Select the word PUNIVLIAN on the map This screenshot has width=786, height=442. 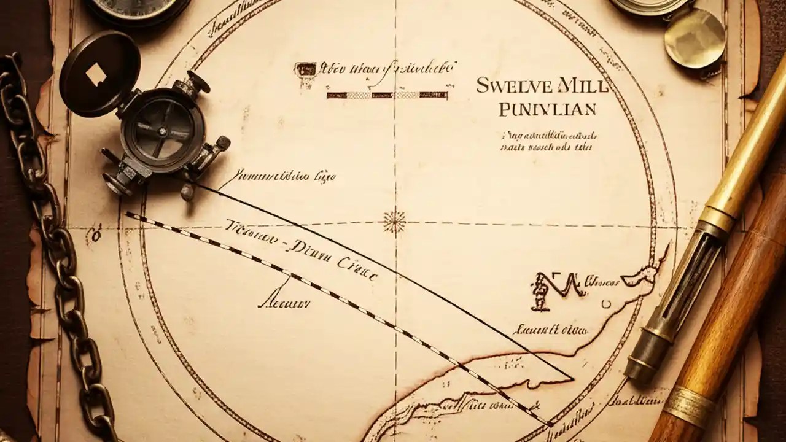click(x=548, y=110)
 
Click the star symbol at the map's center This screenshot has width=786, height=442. click(x=394, y=221)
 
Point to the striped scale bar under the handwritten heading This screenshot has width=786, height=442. click(x=387, y=95)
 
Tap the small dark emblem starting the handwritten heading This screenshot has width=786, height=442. click(x=305, y=69)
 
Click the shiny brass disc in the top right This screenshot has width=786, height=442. click(x=695, y=37)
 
